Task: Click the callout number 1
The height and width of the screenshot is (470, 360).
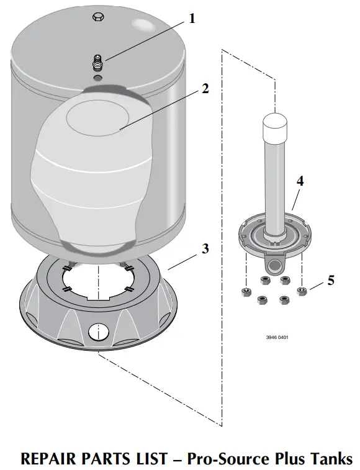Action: click(192, 19)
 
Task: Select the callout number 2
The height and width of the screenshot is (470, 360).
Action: click(204, 88)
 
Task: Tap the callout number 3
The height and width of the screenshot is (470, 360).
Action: click(204, 249)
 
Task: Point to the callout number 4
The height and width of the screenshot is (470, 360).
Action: click(300, 181)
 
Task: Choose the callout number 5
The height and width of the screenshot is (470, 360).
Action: click(331, 280)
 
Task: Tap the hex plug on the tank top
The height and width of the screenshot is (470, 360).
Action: click(97, 19)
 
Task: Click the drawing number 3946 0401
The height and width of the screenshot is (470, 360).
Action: click(277, 338)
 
